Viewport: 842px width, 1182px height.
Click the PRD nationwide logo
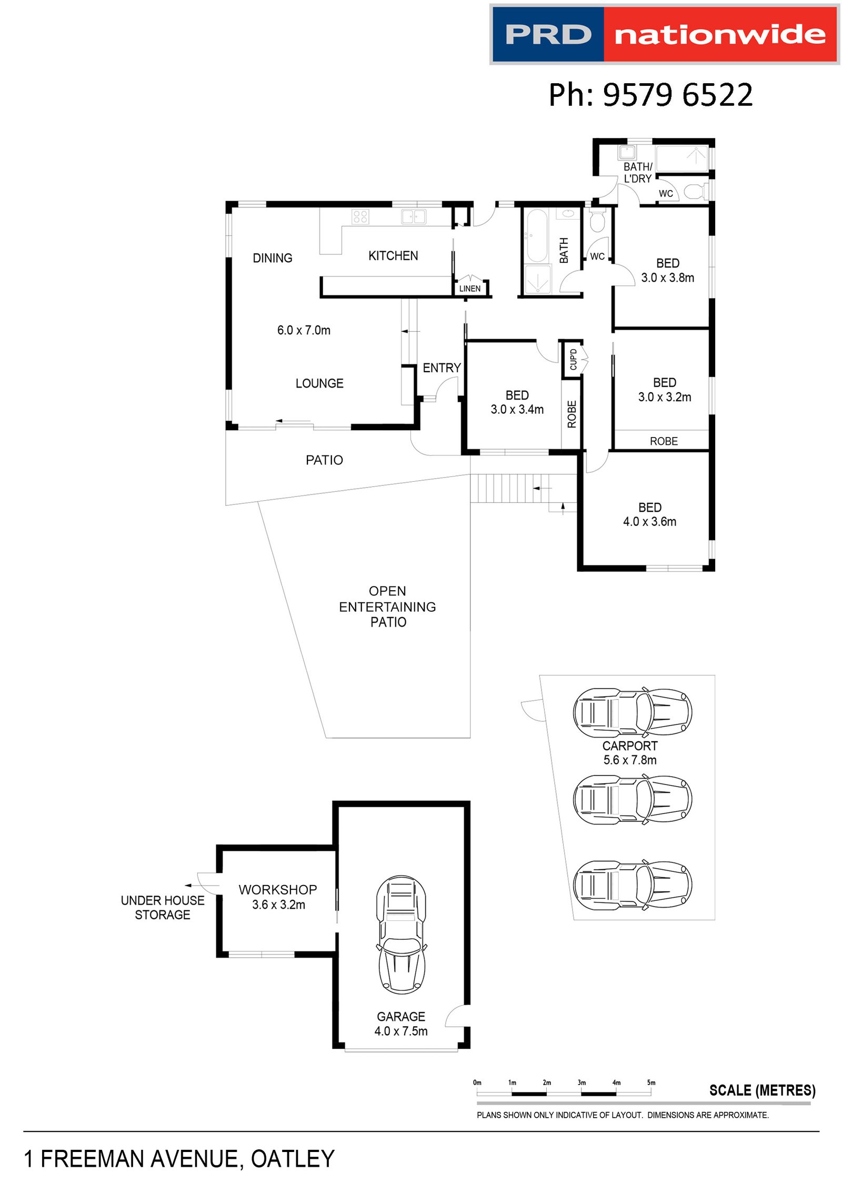[x=664, y=35]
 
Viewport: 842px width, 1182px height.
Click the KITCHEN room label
[x=393, y=256]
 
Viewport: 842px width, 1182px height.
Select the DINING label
[x=273, y=258]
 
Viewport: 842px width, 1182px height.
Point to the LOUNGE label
[x=319, y=383]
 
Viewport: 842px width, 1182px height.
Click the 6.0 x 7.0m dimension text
[x=304, y=330]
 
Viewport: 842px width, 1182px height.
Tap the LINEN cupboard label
[x=470, y=289]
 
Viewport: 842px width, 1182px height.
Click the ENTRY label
[x=442, y=367]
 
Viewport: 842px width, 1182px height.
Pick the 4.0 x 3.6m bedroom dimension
[x=650, y=522]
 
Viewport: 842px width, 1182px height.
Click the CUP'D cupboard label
[x=574, y=359]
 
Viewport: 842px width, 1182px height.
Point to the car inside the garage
[x=401, y=935]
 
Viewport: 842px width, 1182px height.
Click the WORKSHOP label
[x=278, y=890]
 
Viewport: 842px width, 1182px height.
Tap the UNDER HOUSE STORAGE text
[x=163, y=908]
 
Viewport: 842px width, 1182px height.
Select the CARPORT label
[x=630, y=746]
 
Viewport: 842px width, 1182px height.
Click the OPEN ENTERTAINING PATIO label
[x=387, y=607]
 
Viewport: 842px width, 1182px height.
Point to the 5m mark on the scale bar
[x=651, y=1082]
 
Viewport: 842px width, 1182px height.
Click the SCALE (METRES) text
[x=763, y=1090]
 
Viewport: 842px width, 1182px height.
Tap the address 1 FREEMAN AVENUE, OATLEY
[x=179, y=1159]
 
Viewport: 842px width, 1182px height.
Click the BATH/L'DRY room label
[x=638, y=173]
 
